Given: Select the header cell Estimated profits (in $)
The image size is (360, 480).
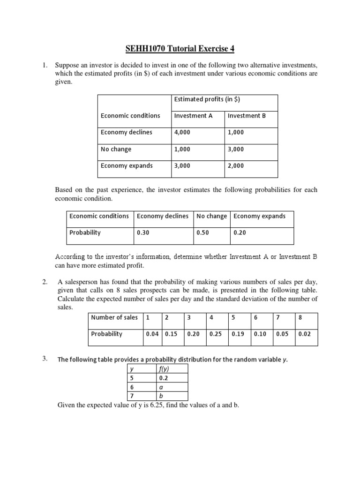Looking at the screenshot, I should coord(207,99).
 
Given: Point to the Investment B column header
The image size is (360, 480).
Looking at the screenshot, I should coord(247,116).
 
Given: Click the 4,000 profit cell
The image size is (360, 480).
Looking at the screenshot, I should coord(182,133).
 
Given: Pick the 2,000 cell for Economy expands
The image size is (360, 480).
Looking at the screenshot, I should coord(236,166).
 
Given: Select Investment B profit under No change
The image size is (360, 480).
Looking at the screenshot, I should coord(236,150).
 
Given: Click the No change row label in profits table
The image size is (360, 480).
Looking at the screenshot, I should coord(116,150).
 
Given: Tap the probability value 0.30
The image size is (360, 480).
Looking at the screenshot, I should coord(143,232).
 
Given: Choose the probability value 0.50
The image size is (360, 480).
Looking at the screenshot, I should coord(202,232).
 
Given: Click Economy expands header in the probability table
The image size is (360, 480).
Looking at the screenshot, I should coord(259,216).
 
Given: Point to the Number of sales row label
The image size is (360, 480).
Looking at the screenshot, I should coord(114,317).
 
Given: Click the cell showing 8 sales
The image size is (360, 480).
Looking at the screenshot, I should coord(300,317).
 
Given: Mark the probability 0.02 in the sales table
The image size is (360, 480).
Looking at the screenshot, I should coord(305,334).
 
